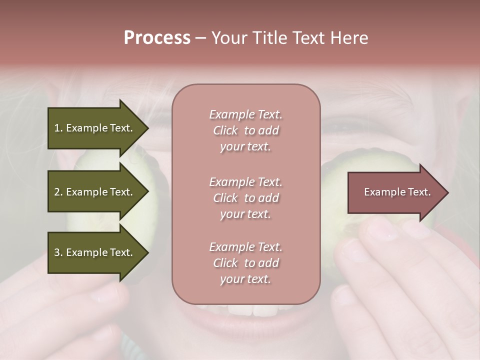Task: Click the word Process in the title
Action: [x=157, y=38]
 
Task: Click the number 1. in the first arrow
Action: [x=58, y=128]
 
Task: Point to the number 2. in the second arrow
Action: [x=58, y=192]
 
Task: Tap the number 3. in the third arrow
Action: [x=58, y=252]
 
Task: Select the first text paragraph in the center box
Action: [x=245, y=130]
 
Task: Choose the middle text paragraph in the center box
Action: [x=245, y=198]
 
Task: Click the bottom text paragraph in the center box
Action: [x=245, y=263]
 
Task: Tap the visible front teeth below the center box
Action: [x=252, y=310]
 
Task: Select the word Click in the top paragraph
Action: [x=225, y=130]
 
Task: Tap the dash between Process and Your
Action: [x=201, y=38]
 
